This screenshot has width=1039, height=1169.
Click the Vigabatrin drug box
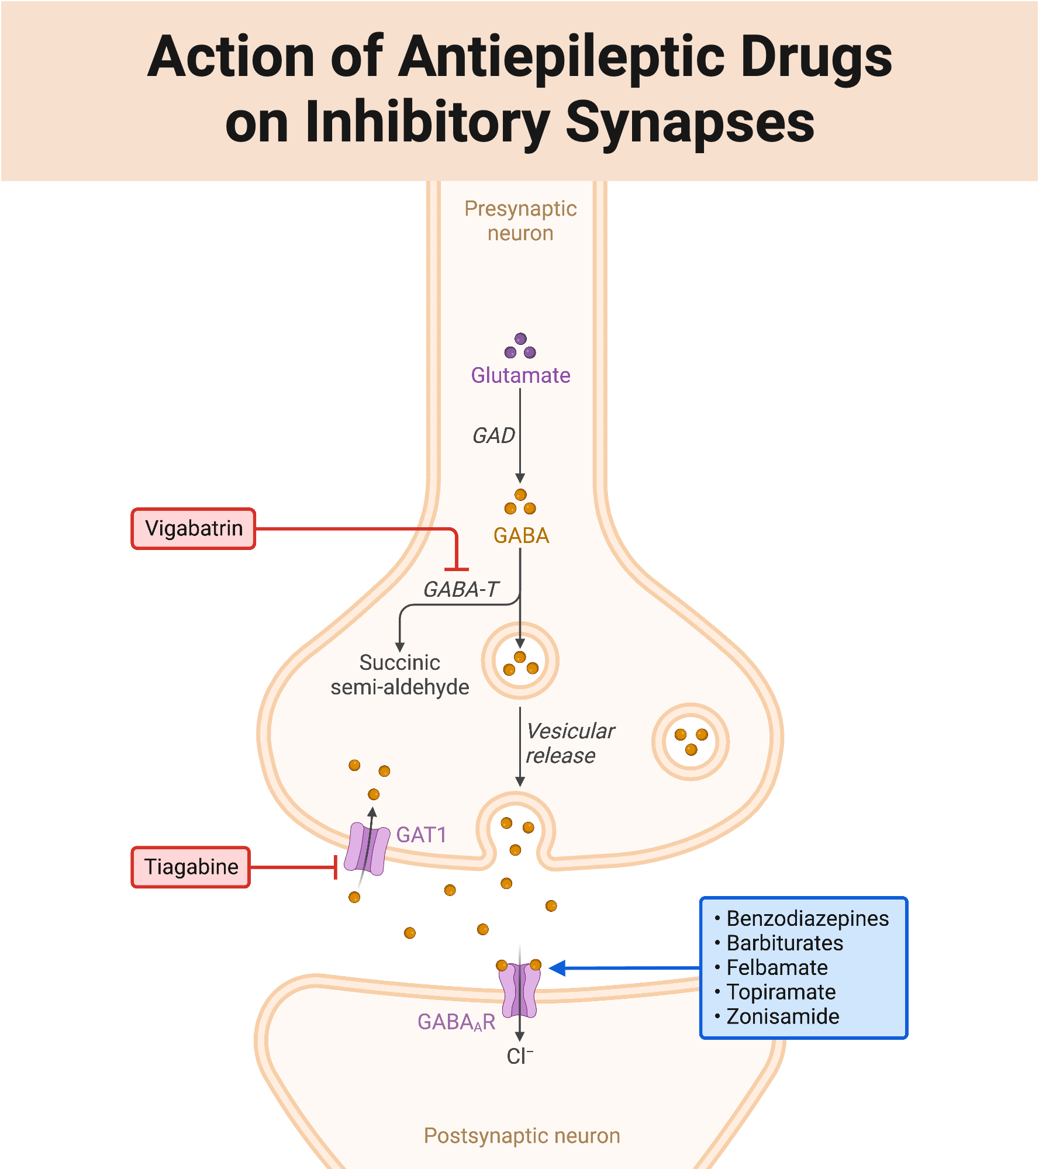(194, 528)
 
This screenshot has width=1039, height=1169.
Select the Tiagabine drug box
(191, 867)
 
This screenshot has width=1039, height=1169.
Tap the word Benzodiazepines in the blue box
(807, 919)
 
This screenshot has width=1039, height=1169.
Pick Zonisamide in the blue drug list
(782, 1016)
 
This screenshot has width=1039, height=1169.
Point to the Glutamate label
(520, 375)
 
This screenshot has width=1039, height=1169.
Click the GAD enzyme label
(493, 435)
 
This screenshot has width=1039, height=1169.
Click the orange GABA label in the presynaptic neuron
(521, 535)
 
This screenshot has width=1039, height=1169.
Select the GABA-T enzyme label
(461, 589)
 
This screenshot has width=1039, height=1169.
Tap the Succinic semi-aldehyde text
(400, 675)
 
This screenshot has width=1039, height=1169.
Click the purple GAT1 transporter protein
(367, 849)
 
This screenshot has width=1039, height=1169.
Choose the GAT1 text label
(421, 835)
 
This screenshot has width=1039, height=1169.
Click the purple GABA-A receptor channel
(519, 990)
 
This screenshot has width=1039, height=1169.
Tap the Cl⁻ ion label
(519, 1056)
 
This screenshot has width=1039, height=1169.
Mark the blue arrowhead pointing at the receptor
(557, 968)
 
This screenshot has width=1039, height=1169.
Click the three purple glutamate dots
(520, 347)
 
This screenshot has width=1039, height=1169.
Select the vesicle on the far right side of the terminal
(691, 742)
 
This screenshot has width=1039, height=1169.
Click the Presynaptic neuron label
(520, 221)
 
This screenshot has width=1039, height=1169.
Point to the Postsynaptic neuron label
(522, 1136)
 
